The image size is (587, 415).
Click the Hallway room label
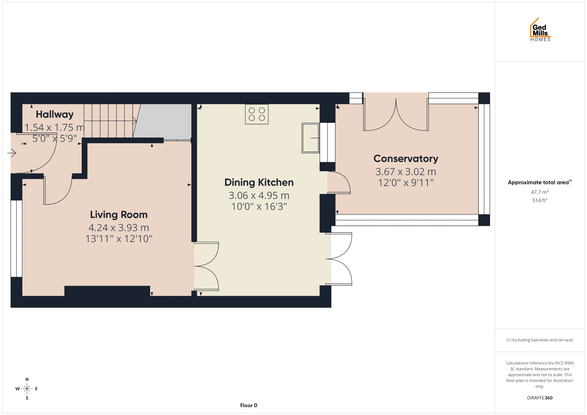(55, 115)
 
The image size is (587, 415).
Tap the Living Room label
(119, 215)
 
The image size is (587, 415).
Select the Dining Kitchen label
(259, 182)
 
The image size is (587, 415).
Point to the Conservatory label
(406, 159)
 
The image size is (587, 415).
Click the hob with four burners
(257, 114)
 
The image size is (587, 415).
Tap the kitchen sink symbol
(311, 138)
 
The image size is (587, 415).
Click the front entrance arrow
(12, 152)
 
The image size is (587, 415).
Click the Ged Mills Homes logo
(540, 30)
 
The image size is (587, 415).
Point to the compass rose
(27, 389)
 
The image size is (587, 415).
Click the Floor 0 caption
(249, 406)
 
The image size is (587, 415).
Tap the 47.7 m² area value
(540, 192)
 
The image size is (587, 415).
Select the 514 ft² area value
(540, 200)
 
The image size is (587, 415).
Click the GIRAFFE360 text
(540, 398)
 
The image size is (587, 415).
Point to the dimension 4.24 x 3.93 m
(119, 228)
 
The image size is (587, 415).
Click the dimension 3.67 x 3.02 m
(406, 172)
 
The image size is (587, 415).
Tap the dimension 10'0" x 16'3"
(259, 207)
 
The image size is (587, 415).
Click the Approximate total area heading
(540, 182)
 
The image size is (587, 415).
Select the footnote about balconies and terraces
(540, 340)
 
